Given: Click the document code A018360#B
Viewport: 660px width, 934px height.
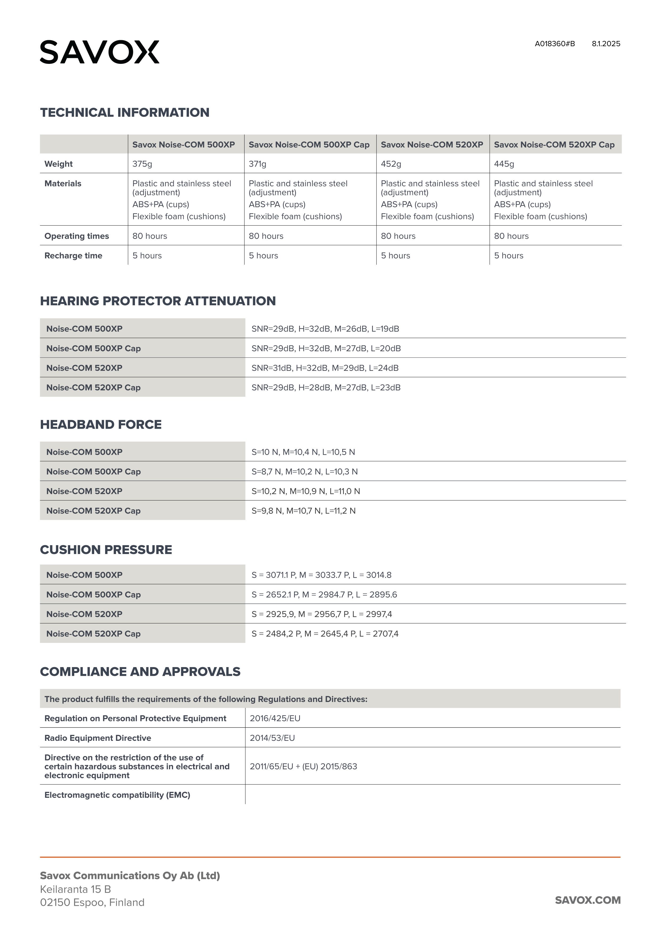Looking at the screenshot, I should click(x=555, y=44).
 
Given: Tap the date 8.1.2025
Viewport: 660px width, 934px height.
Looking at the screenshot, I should click(x=606, y=44).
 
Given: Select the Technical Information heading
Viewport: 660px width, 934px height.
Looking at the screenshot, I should click(x=125, y=113).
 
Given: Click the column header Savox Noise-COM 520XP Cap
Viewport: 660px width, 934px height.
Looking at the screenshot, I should click(x=554, y=145).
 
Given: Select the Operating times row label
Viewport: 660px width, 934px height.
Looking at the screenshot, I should click(x=76, y=236).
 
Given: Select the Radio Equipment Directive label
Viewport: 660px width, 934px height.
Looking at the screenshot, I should click(x=98, y=738).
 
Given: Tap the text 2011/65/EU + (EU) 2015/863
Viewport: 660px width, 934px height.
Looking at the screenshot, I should click(x=303, y=766).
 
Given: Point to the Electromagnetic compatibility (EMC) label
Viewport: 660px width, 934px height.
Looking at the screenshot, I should click(x=117, y=795).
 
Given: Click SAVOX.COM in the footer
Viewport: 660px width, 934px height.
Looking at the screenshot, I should click(x=588, y=900).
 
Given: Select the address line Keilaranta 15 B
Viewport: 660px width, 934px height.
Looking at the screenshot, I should click(x=75, y=889).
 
